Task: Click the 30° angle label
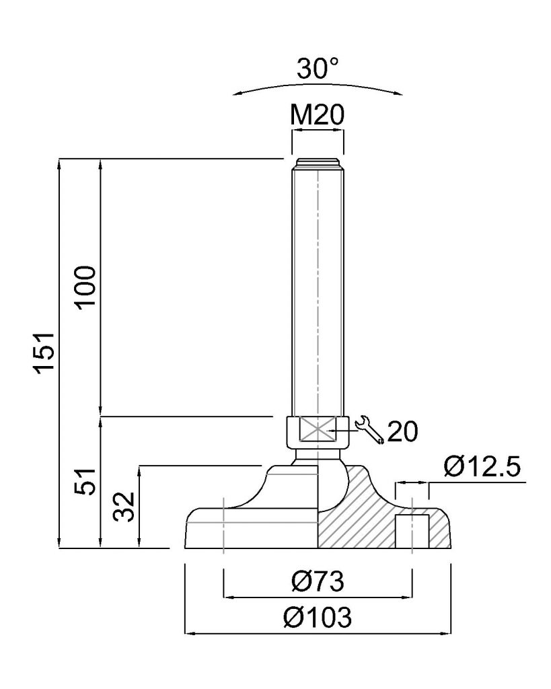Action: [x=318, y=69]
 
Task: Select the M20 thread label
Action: [x=318, y=115]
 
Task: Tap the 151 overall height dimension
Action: [x=46, y=353]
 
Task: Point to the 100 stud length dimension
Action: [x=85, y=287]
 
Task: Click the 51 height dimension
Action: [x=85, y=482]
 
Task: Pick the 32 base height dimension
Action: [x=124, y=507]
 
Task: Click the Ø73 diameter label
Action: [x=318, y=581]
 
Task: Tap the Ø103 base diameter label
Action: [x=318, y=618]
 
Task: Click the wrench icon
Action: [x=369, y=429]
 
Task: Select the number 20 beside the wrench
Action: [x=403, y=431]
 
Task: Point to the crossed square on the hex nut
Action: [x=317, y=429]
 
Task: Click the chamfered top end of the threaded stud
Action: [x=318, y=163]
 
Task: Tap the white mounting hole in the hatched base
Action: [x=412, y=532]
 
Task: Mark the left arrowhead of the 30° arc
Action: [x=239, y=93]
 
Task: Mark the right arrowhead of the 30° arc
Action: [x=396, y=92]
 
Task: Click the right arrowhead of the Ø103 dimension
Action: [x=446, y=634]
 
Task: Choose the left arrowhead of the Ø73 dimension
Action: [x=230, y=597]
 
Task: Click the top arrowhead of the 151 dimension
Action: [x=59, y=164]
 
